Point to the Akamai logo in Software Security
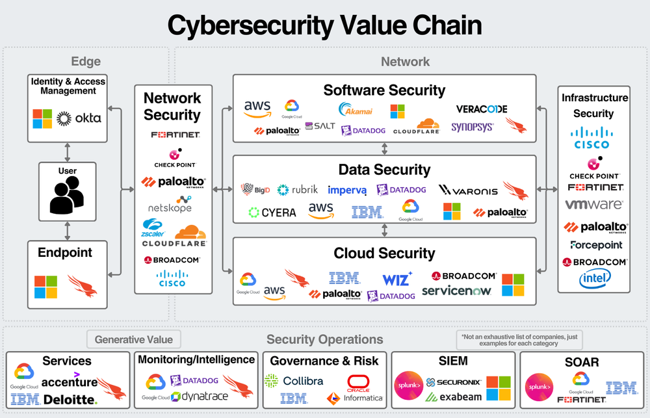coord(356,108)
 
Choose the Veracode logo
coord(482,109)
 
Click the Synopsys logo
coord(473,127)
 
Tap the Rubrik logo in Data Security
coord(298,190)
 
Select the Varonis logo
coord(468,190)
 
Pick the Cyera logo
coord(272,212)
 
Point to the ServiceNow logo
coord(457,291)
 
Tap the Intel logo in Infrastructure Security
coord(595,279)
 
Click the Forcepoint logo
coord(595,245)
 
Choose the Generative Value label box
coord(134,339)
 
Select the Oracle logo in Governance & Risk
coord(358,382)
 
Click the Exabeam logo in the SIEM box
coord(460,397)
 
